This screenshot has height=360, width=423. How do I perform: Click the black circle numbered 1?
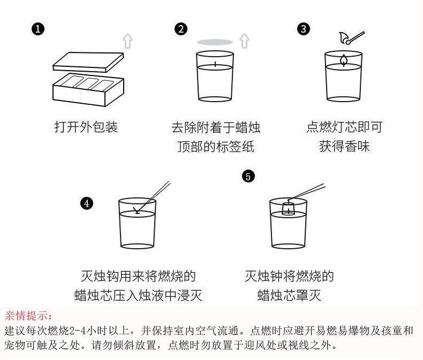(x=38, y=29)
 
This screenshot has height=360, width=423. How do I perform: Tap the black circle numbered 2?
(x=181, y=29)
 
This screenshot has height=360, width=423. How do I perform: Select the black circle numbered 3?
(x=304, y=29)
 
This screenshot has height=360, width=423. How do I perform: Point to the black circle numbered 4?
(x=87, y=203)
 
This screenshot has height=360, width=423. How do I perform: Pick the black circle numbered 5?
(x=248, y=176)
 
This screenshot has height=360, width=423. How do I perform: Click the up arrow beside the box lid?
(x=127, y=41)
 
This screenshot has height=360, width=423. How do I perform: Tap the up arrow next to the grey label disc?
(x=244, y=41)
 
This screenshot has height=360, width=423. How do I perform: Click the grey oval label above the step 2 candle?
(x=215, y=42)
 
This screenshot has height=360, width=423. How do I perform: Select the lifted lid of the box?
(x=88, y=62)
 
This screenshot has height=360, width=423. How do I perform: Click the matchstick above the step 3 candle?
(x=355, y=37)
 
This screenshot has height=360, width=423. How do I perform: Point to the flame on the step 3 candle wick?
(x=343, y=60)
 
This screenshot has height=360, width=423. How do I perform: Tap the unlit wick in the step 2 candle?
(x=215, y=64)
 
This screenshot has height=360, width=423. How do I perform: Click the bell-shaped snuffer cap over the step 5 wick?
(x=288, y=208)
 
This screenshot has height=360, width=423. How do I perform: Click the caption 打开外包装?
(x=86, y=127)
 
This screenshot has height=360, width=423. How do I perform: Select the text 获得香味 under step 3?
(x=344, y=147)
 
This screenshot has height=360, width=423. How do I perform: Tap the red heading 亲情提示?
(x=26, y=316)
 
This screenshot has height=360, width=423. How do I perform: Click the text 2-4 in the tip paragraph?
(x=78, y=331)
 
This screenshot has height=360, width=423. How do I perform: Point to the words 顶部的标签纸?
(x=216, y=147)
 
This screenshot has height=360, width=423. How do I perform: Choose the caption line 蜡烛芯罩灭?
(x=289, y=295)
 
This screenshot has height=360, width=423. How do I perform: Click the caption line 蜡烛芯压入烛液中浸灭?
(x=138, y=295)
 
